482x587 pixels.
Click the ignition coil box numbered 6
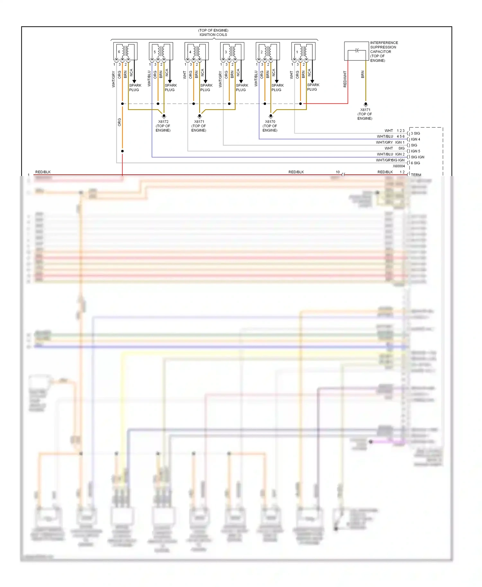click(125, 51)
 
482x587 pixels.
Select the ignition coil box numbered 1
click(303, 51)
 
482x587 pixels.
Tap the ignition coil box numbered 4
click(196, 51)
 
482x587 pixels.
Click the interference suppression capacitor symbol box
click(356, 51)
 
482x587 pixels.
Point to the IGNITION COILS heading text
click(213, 35)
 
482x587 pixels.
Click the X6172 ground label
click(163, 122)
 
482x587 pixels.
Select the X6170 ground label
click(270, 122)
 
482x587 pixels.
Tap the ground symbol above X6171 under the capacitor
click(365, 104)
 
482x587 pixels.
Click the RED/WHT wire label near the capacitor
click(345, 79)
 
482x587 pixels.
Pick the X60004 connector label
click(399, 166)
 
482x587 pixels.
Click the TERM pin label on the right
click(416, 175)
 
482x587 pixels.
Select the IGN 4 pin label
click(415, 139)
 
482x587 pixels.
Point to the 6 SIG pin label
click(415, 163)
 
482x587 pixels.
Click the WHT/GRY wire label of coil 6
click(113, 79)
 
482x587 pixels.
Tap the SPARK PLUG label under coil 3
click(242, 87)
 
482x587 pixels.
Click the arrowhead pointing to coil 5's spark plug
click(170, 82)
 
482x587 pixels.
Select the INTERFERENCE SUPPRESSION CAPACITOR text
click(384, 47)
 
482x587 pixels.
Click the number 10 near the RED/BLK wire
click(337, 172)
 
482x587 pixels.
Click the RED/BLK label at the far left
click(43, 172)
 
